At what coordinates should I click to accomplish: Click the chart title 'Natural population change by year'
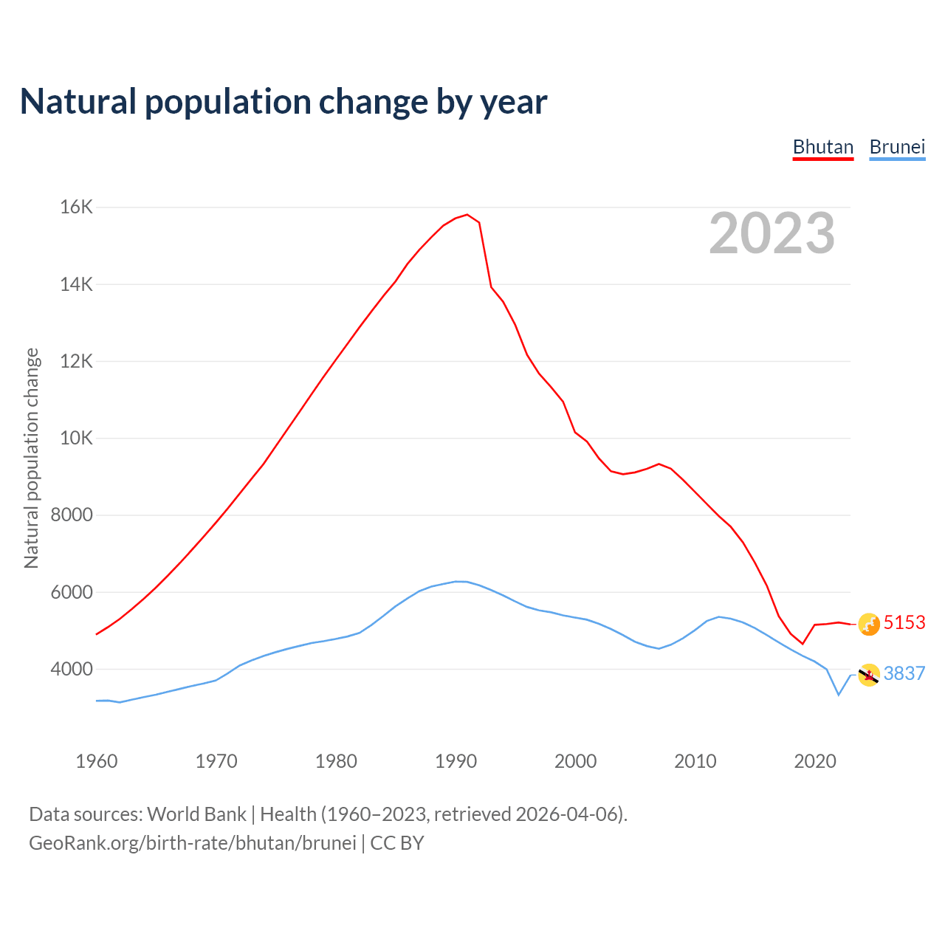[x=283, y=102]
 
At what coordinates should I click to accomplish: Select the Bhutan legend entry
[x=822, y=147]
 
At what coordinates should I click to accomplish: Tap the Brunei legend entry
[x=897, y=147]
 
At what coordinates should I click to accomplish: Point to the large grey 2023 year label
[x=772, y=233]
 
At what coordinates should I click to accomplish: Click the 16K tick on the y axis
[x=77, y=207]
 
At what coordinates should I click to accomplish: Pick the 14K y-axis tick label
[x=77, y=284]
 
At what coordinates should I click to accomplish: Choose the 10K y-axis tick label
[x=77, y=439]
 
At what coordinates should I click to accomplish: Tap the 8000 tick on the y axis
[x=72, y=515]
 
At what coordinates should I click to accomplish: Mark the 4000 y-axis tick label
[x=72, y=670]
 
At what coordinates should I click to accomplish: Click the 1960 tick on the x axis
[x=97, y=761]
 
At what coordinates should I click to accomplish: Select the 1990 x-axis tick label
[x=456, y=761]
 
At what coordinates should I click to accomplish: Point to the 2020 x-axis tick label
[x=814, y=761]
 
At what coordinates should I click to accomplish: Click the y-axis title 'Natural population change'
[x=32, y=458]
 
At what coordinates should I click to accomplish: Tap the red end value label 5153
[x=904, y=623]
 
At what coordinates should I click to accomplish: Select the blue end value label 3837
[x=904, y=674]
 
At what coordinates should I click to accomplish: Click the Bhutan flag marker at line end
[x=869, y=625]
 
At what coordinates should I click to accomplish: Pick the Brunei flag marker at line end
[x=869, y=675]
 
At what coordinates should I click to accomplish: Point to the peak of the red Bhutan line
[x=467, y=215]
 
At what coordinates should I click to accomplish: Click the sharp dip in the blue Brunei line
[x=838, y=694]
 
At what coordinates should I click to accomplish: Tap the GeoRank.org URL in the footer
[x=193, y=843]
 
